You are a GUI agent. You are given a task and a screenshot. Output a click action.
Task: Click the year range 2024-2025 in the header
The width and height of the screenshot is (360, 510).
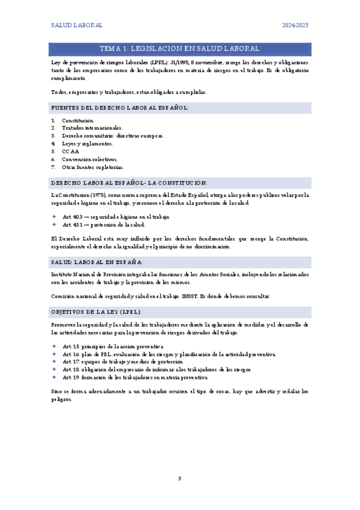[295, 25]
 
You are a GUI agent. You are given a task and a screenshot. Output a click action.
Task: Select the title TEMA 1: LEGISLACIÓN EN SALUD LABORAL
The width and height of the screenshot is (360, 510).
[180, 48]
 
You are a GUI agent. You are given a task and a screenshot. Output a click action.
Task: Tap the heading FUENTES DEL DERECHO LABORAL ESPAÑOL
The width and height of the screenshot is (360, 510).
[120, 108]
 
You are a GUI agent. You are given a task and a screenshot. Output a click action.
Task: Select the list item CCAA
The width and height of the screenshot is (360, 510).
[70, 152]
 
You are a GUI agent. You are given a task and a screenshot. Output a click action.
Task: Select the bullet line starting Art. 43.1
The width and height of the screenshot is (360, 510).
[103, 224]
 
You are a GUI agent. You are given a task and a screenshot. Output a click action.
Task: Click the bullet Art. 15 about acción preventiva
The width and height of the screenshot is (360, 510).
[112, 347]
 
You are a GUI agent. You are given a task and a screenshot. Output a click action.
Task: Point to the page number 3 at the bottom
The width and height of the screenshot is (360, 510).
[179, 478]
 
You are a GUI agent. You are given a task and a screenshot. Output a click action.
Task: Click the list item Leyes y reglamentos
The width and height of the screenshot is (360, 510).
[87, 144]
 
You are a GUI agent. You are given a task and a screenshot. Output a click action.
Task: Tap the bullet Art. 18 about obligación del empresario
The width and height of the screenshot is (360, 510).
[156, 369]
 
